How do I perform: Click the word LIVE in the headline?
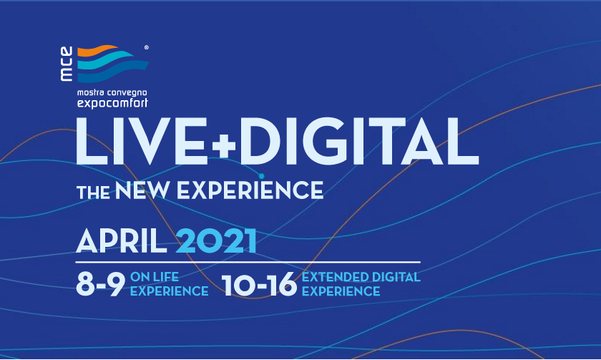[142, 142]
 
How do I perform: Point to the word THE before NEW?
[93, 192]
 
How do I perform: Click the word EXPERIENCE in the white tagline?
[250, 190]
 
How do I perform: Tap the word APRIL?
[122, 240]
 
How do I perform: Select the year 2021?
[216, 240]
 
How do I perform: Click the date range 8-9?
[100, 284]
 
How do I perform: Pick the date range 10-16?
[259, 284]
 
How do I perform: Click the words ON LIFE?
[155, 277]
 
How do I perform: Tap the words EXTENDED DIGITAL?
[361, 277]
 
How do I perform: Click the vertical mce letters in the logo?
[67, 64]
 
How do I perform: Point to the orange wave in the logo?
[98, 51]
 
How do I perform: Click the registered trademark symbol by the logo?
[147, 47]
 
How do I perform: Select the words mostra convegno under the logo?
[112, 93]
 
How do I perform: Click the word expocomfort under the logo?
[112, 103]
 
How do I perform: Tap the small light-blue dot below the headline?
[261, 176]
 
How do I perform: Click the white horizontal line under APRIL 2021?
[248, 262]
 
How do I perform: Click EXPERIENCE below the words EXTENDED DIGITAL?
[341, 291]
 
